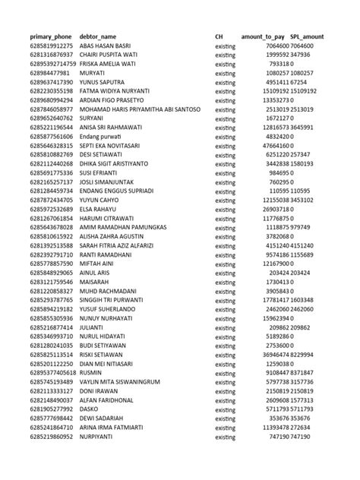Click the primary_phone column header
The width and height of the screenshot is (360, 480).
coord(51,37)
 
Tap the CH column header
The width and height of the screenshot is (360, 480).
coord(219,37)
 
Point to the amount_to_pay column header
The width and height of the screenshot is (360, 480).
coord(263,37)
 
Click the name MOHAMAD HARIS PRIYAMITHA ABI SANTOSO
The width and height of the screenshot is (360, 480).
coord(140,109)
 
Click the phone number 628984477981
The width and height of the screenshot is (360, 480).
coord(49,73)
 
